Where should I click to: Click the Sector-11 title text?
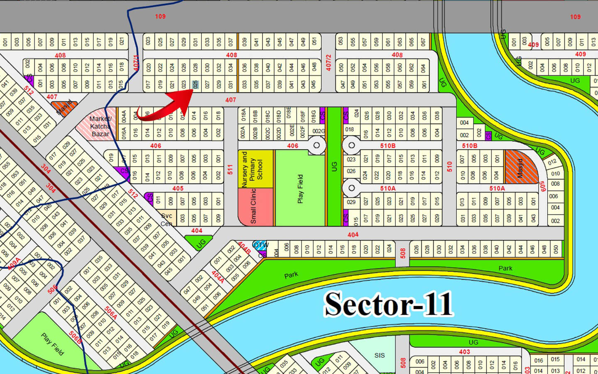(388, 304)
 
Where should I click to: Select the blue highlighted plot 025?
(196, 84)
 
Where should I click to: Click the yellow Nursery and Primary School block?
(255, 169)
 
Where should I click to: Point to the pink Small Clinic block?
(255, 207)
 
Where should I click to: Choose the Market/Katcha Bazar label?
(100, 126)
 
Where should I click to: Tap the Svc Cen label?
(167, 219)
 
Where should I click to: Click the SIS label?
(380, 355)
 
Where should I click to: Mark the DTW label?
(261, 245)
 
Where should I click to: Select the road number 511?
(230, 170)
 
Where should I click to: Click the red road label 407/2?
(328, 62)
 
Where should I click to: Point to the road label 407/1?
(136, 62)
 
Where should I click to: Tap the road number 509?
(542, 186)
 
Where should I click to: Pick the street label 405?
(178, 188)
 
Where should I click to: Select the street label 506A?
(110, 313)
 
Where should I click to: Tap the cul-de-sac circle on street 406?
(316, 145)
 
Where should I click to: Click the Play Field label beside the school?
(300, 189)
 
